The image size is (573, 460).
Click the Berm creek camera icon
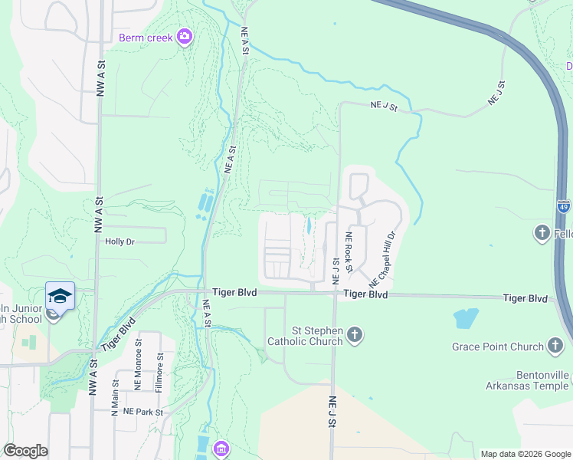[x=184, y=37]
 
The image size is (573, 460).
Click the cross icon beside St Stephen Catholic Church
[x=354, y=334]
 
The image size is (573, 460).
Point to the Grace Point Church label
[x=497, y=347]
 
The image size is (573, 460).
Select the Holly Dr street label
[x=120, y=242]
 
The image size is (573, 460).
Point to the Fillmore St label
[x=159, y=373]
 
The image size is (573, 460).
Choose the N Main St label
[x=116, y=395]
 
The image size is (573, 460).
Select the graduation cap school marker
[x=60, y=295]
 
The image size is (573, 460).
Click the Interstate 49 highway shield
[x=564, y=205]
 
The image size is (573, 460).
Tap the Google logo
[x=25, y=451]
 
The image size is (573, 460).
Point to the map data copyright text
[x=525, y=454]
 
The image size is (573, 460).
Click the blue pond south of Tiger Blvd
[x=466, y=317]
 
